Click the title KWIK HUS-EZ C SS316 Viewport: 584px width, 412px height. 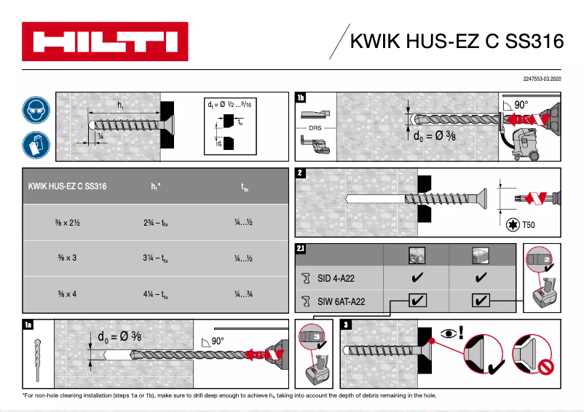pos(457,41)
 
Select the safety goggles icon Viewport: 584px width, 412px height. pos(35,110)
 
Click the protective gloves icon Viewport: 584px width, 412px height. pos(35,144)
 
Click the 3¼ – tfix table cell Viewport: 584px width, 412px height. pos(155,258)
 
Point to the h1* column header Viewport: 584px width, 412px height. pos(155,187)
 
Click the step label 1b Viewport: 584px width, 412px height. pos(301,98)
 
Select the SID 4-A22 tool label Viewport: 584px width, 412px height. pos(336,277)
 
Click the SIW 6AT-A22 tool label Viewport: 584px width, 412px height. pos(339,299)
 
